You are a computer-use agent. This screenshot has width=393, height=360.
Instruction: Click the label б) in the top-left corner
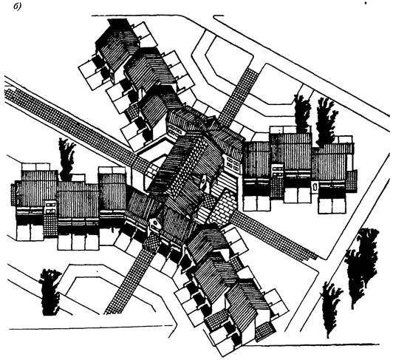pos(17,7)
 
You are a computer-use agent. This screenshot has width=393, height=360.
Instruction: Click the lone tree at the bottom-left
pos(49,292)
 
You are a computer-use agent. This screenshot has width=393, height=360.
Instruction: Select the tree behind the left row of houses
pos(66,160)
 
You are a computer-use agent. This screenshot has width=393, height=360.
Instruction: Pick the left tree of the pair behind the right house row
pos(303,114)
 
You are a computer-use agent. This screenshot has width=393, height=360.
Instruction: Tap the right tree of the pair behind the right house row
pos(325,123)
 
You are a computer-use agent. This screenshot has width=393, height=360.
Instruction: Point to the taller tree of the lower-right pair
pos(362,267)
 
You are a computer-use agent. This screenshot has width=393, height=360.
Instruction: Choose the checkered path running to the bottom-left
pos(131,279)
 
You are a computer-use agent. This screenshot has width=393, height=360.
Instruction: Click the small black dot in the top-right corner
pos(366,3)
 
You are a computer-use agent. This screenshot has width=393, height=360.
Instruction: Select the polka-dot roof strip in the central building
pos(185,166)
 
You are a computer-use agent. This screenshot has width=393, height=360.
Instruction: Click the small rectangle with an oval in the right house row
pos(315,186)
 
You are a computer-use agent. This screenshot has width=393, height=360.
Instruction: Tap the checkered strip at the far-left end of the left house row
pos(13,194)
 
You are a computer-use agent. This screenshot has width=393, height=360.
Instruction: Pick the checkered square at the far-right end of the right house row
pos(352,179)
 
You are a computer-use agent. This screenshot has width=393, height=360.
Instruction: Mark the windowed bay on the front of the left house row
pos(51,207)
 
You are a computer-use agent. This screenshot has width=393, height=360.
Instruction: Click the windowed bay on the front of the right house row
pos(278,170)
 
